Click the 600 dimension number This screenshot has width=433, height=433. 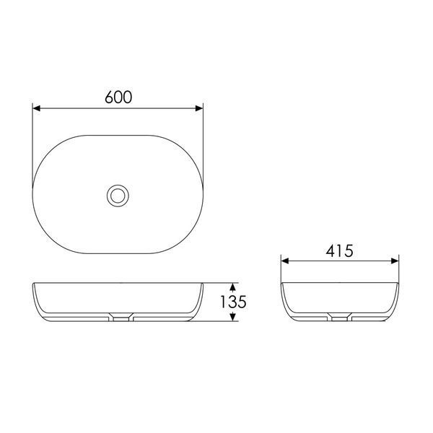[118, 97]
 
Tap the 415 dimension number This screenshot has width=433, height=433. [339, 251]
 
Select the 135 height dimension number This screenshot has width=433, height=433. [233, 302]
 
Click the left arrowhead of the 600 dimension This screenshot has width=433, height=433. [37, 108]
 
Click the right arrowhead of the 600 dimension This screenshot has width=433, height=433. [199, 108]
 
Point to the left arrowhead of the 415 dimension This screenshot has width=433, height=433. [285, 261]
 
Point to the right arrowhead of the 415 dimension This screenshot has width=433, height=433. [395, 261]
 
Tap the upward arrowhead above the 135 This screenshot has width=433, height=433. [233, 287]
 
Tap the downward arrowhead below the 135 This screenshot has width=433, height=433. [233, 317]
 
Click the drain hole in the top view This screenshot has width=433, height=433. [118, 196]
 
